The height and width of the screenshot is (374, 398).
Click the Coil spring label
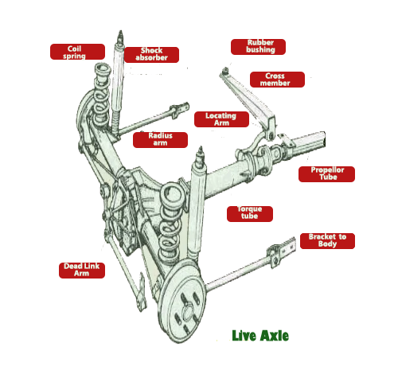(77, 52)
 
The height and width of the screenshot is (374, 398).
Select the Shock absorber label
(151, 55)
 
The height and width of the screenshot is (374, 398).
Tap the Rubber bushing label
(258, 47)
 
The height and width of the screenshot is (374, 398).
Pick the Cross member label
(277, 80)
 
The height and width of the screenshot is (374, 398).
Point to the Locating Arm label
(221, 119)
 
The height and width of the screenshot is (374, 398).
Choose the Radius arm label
(160, 140)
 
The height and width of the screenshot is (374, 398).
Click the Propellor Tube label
(326, 174)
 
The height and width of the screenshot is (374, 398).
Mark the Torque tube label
(250, 214)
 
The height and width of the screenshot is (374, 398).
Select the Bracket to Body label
(327, 241)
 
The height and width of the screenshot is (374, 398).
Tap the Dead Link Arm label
(82, 271)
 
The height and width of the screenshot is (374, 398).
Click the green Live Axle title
(260, 336)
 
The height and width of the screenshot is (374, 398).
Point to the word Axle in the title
(275, 336)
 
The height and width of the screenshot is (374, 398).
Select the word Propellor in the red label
(327, 170)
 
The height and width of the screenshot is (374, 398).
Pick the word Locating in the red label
(220, 115)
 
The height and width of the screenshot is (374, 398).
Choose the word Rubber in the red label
(260, 43)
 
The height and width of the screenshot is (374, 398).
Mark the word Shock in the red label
(151, 50)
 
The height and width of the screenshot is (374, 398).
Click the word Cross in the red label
(275, 76)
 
